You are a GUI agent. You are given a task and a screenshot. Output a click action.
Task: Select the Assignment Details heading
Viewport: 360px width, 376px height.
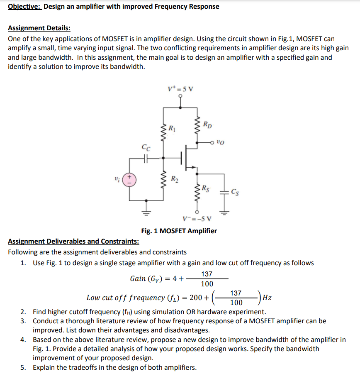39,28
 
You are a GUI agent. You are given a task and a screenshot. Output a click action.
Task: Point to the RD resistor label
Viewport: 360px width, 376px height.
208,123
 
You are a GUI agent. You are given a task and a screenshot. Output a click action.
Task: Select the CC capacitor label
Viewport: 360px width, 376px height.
146,148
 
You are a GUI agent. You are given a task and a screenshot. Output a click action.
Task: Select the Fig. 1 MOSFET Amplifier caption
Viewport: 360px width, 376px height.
179,231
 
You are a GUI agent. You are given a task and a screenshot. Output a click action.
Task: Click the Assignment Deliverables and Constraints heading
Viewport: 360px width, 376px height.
73,242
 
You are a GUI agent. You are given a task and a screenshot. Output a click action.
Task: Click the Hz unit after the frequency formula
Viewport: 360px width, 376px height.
268,298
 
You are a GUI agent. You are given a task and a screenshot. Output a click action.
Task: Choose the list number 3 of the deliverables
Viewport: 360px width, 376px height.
24,321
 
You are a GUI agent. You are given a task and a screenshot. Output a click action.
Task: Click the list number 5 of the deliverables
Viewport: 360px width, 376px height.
24,367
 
